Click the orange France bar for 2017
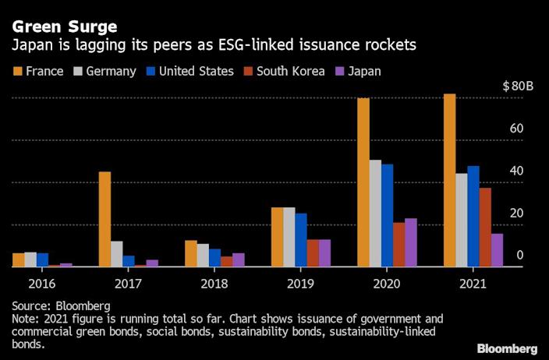click(x=104, y=219)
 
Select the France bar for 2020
click(x=363, y=182)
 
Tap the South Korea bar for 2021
click(x=485, y=227)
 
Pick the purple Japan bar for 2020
click(x=410, y=242)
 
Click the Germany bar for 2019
click(x=289, y=237)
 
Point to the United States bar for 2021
click(x=473, y=216)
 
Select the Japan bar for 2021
click(x=497, y=249)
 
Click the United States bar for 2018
click(x=214, y=257)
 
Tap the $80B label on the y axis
click(x=518, y=86)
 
